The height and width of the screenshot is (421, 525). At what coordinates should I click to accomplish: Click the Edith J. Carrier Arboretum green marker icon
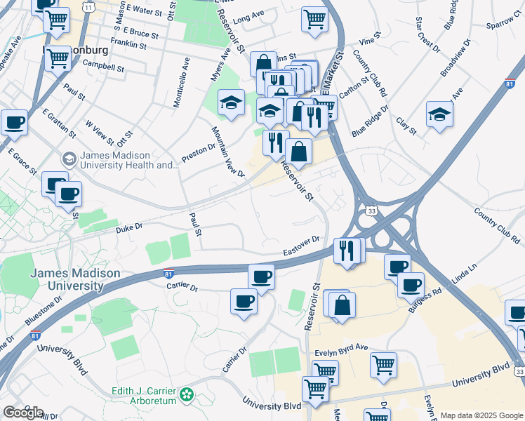click(x=187, y=395)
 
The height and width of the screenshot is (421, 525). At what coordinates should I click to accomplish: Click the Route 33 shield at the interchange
click(x=371, y=210)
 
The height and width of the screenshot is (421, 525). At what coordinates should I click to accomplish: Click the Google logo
click(x=23, y=412)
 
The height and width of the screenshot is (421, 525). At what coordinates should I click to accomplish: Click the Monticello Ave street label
click(x=182, y=83)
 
